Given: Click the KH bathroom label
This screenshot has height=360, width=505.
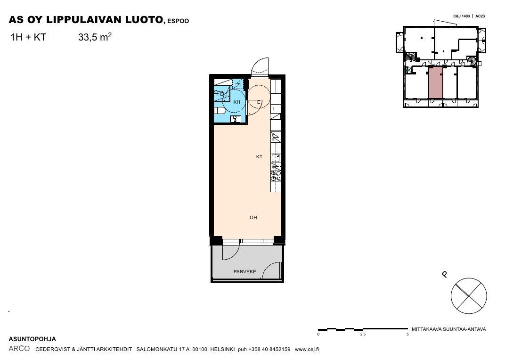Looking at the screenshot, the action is (236, 102).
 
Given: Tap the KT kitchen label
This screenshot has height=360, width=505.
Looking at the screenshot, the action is (259, 157).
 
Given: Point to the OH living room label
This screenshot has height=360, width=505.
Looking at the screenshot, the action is (253, 218).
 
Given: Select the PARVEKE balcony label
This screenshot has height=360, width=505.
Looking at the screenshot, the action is (245, 272).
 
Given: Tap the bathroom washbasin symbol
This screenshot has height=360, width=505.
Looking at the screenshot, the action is (235, 119).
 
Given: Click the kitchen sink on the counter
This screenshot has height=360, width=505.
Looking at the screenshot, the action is (276, 158).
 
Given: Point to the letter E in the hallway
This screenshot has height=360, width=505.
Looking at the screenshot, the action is (259, 103).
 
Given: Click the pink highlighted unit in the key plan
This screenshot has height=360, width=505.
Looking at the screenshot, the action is (435, 82).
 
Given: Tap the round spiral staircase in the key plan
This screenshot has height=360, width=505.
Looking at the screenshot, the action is (472, 61).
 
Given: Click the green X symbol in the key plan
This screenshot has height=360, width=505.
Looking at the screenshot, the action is (408, 70).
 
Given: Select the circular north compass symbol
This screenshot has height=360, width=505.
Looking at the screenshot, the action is (469, 296).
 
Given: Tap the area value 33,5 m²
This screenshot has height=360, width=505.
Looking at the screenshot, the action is (95, 37).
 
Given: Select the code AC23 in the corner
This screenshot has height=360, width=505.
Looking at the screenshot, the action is (480, 16).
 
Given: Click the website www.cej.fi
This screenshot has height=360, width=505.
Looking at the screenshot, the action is (307, 349).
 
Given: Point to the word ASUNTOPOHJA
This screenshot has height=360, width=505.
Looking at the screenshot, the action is (32, 339).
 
